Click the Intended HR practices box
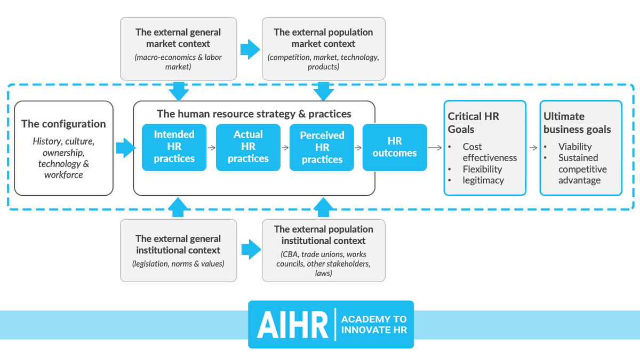(174, 147)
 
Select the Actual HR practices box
(247, 147)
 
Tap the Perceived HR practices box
(322, 147)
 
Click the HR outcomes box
(395, 147)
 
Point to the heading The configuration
(63, 124)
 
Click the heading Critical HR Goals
(473, 123)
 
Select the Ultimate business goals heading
(577, 123)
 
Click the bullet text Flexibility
(482, 169)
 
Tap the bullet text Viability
(575, 146)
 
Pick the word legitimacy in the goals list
(483, 180)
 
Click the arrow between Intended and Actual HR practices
(211, 148)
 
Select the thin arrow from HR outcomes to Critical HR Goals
(435, 148)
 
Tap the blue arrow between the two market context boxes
(249, 50)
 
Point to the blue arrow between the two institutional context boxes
(249, 250)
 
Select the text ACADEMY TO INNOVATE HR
(374, 324)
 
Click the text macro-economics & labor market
(178, 62)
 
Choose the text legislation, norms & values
(178, 263)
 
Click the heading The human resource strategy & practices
(254, 114)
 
